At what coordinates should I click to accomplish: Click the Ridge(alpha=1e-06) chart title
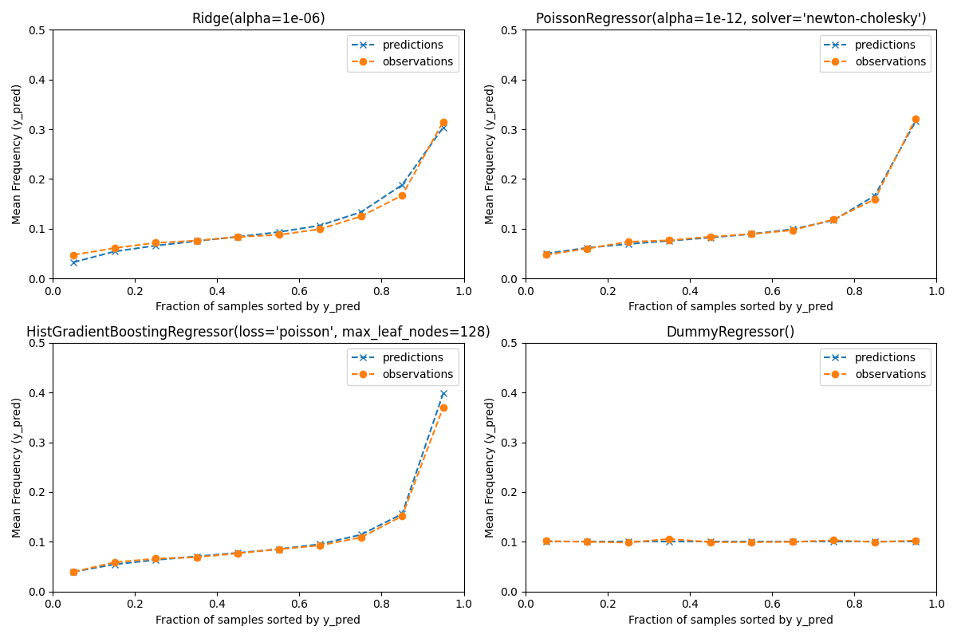click(x=258, y=18)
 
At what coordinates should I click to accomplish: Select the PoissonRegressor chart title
click(x=731, y=18)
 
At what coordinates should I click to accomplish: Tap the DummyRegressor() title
click(x=731, y=332)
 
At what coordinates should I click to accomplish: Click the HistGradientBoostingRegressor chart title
click(x=258, y=332)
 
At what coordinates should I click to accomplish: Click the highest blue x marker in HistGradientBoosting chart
click(x=443, y=393)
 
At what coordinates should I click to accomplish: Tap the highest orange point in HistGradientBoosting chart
click(x=443, y=408)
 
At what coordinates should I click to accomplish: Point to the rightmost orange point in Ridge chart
click(x=443, y=122)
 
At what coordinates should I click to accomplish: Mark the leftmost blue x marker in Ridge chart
click(x=73, y=262)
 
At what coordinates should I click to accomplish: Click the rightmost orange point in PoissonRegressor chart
click(x=916, y=119)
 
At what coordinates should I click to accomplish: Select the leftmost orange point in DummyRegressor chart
click(x=546, y=541)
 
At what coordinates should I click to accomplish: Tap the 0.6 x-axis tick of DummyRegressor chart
click(x=771, y=605)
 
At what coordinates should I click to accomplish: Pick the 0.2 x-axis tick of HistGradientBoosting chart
click(x=135, y=605)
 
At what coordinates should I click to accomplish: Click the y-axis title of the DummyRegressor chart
click(x=490, y=467)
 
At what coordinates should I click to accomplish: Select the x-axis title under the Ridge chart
click(x=258, y=306)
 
